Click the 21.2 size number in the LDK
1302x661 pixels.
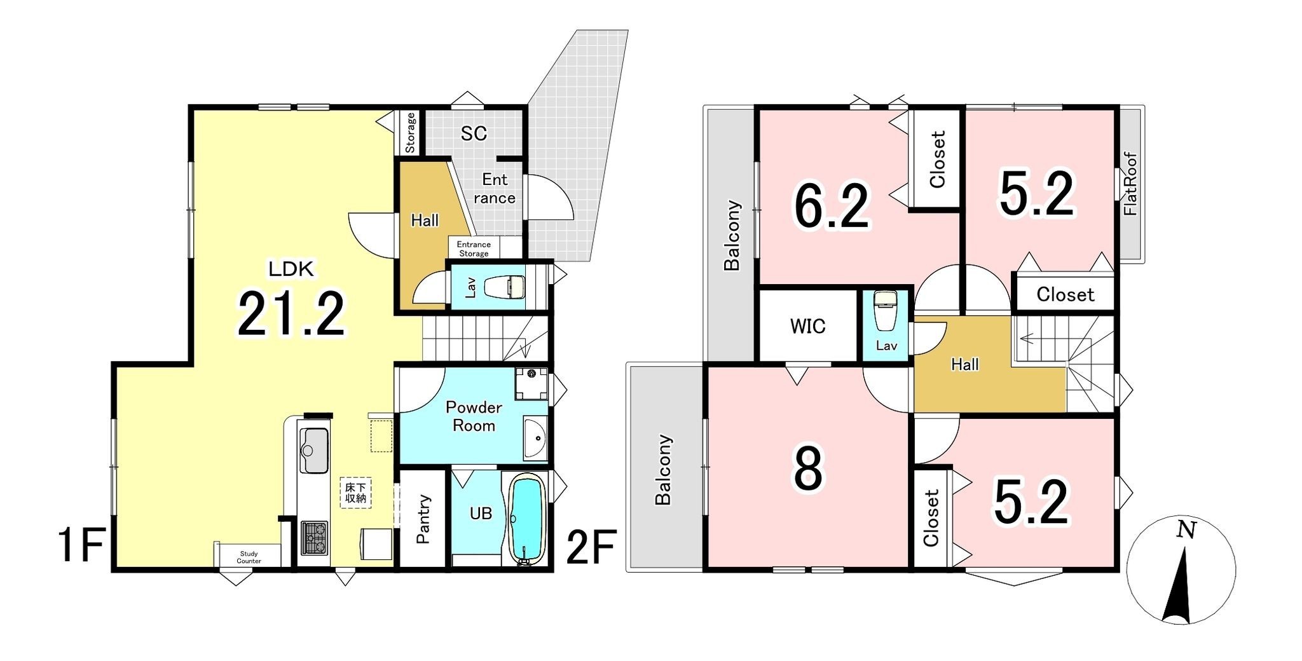pos(292,314)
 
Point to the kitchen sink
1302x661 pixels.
pos(313,451)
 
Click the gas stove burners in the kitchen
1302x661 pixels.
pos(314,537)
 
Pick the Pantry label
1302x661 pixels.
pos(423,519)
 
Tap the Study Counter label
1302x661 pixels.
pos(249,557)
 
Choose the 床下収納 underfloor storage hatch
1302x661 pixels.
pos(355,493)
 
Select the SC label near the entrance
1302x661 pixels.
pos(474,133)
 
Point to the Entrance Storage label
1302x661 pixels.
pos(474,249)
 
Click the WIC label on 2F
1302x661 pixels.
pos(807,326)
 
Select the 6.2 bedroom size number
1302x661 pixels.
pos(831,205)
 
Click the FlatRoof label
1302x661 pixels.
pos(1130,184)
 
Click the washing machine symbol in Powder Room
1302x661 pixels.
pos(531,383)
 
